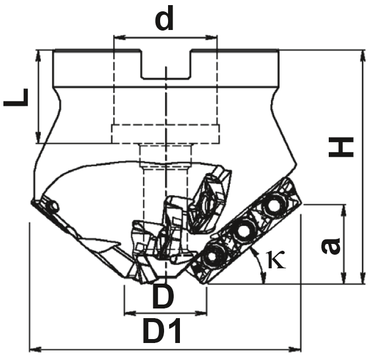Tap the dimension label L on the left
[16, 97]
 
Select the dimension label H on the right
[341, 147]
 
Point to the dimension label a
[330, 246]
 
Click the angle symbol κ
[276, 260]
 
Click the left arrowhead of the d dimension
[119, 37]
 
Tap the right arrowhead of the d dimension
[211, 37]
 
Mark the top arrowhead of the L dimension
[38, 56]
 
